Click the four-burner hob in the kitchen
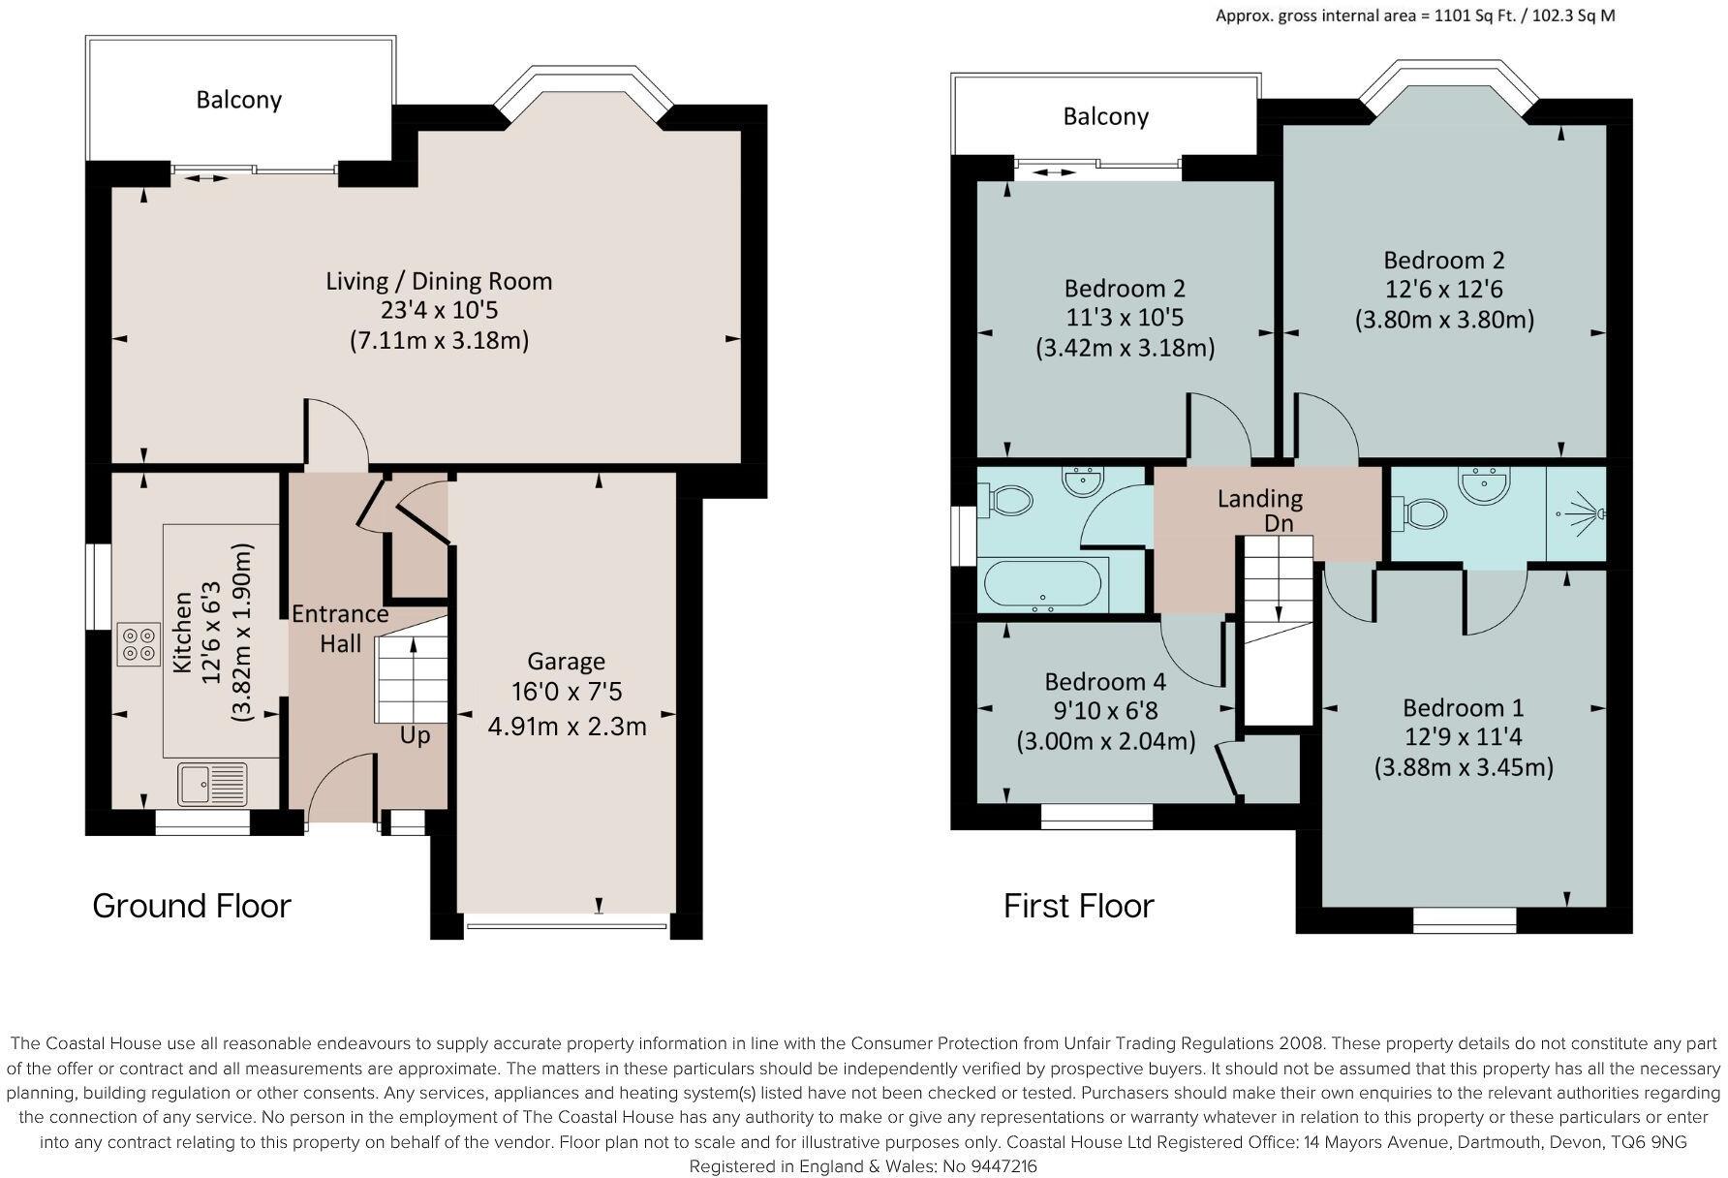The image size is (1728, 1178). pos(139,644)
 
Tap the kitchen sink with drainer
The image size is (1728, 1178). pos(212,784)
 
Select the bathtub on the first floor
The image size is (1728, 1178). pos(1042,586)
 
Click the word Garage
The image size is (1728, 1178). pos(567,662)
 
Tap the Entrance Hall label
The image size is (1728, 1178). pos(340,629)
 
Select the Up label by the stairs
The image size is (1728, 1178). pos(415,735)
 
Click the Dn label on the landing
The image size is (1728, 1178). pos(1279,523)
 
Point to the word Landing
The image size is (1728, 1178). pos(1260,499)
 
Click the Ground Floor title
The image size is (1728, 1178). pos(192,906)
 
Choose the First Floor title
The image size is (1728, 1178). pos(1079,906)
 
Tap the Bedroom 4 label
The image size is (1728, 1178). pos(1105,681)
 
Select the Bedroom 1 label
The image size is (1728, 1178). pos(1464,707)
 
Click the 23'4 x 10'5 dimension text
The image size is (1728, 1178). pos(440,311)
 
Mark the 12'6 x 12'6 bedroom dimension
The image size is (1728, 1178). pos(1443,290)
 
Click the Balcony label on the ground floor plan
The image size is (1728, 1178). pos(238,100)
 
